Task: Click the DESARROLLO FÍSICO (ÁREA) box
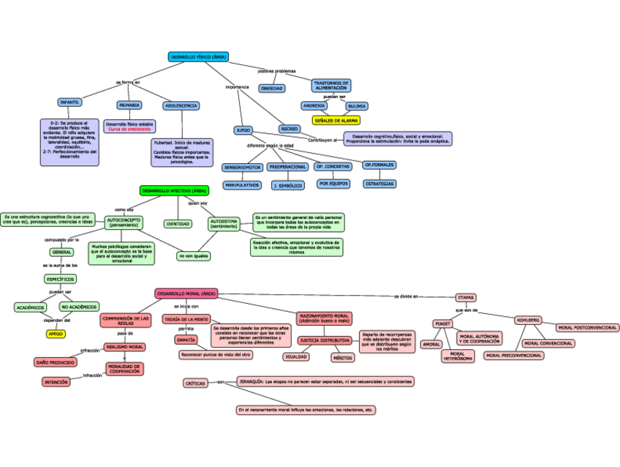[198, 56]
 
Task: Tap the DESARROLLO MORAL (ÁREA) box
[186, 294]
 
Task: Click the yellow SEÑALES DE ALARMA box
[336, 120]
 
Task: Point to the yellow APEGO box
[56, 334]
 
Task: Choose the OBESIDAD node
[272, 88]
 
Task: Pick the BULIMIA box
[357, 106]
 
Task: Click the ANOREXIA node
[314, 106]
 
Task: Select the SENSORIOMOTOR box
[241, 168]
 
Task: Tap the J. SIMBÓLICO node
[287, 185]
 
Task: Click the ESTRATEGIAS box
[379, 184]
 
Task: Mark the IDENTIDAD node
[178, 224]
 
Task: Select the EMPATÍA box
[185, 340]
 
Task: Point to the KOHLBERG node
[528, 320]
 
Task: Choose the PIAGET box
[443, 323]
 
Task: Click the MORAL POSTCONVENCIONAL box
[586, 328]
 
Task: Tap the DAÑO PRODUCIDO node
[56, 362]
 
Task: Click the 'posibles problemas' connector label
[277, 71]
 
